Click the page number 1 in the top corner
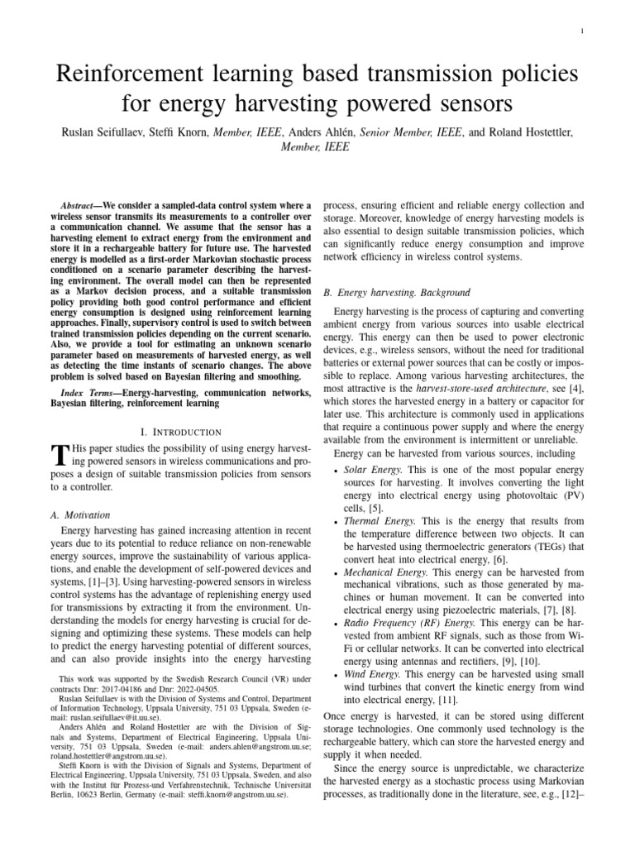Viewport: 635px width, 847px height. [x=606, y=31]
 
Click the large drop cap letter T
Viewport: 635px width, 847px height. [x=58, y=456]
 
